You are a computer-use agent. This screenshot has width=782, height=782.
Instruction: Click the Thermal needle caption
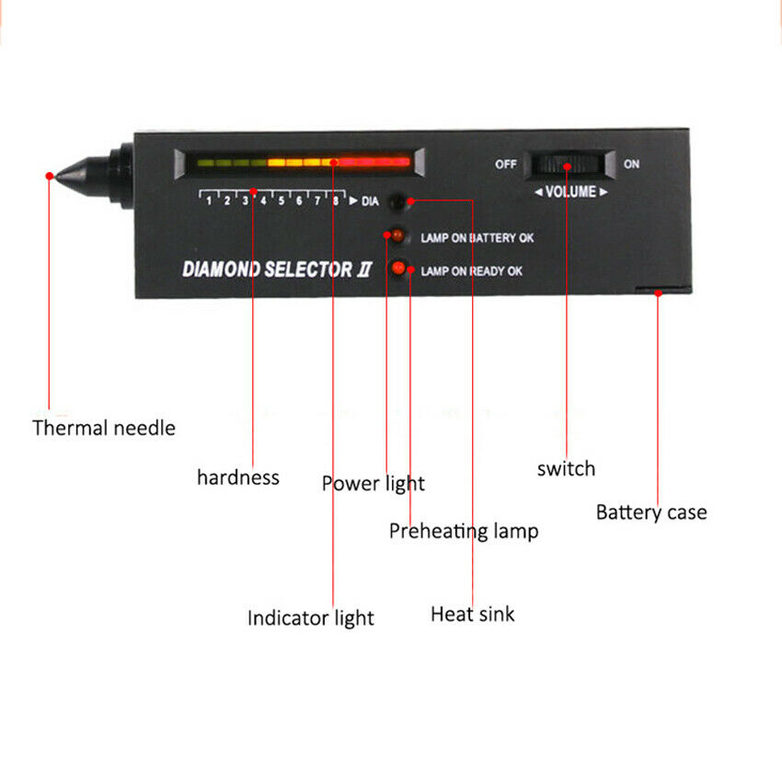(104, 428)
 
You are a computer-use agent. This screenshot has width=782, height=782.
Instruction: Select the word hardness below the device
(238, 477)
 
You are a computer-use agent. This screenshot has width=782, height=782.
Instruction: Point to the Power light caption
(373, 484)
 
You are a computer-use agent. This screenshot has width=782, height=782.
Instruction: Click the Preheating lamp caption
(464, 531)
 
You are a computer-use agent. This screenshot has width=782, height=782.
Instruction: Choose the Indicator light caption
(310, 618)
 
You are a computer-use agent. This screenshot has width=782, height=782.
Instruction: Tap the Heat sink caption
(472, 614)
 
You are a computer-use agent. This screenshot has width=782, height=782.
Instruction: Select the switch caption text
(566, 469)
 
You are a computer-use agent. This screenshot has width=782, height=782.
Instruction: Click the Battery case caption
(651, 512)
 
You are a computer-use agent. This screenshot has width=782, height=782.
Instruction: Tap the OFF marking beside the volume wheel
(506, 164)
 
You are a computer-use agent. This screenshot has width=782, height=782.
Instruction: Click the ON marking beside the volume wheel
(631, 164)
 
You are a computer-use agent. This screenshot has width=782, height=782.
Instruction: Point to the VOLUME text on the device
(570, 192)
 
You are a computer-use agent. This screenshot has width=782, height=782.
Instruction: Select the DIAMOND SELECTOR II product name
(277, 270)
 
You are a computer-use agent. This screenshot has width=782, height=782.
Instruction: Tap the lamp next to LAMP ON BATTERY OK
(397, 235)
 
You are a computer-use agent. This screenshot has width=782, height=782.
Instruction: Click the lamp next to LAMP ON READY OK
(398, 269)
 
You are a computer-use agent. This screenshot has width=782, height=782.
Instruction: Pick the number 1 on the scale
(209, 201)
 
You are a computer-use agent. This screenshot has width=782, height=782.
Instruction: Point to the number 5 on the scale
(282, 201)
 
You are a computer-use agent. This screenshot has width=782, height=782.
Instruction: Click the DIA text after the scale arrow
(370, 201)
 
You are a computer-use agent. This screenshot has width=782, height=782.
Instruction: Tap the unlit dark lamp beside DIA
(397, 202)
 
